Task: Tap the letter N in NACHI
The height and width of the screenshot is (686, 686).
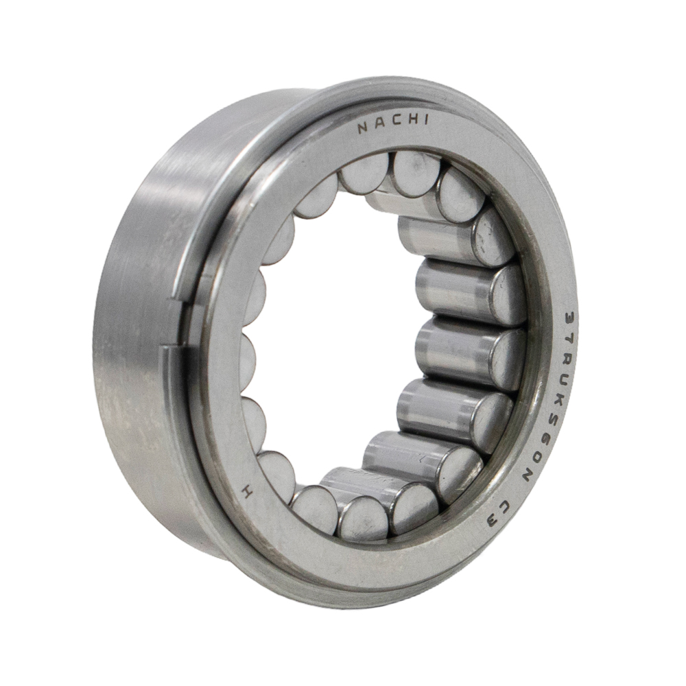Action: pos(363,128)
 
